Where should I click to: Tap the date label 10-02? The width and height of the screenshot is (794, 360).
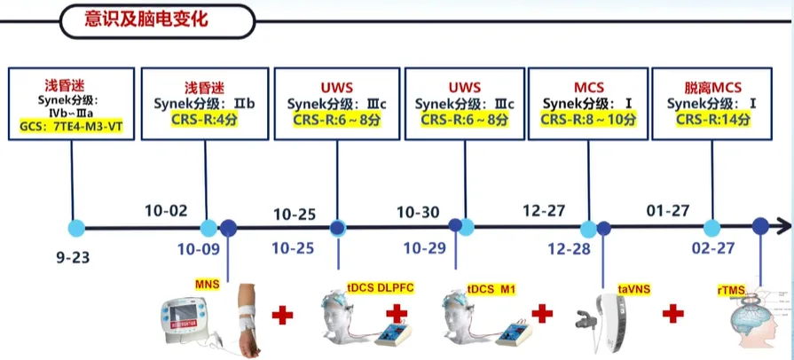(x=166, y=211)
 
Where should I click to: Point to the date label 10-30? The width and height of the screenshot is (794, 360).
(x=418, y=212)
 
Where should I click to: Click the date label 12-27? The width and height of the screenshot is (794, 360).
(x=545, y=212)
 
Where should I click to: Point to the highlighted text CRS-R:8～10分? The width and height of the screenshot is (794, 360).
(x=587, y=120)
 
